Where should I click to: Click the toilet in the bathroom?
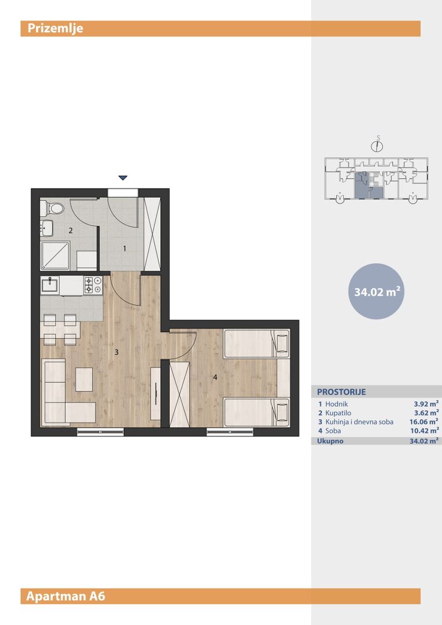pos(53,208)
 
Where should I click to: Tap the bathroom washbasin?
pos(47,228)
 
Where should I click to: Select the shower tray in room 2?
pos(55,256)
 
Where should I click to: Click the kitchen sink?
pos(50,285)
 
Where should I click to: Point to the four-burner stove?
pos(93,285)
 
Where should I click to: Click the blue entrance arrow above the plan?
pos(123,178)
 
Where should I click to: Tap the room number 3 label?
pos(116,352)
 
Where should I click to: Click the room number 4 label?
pos(215,377)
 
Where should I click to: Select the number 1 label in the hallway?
pos(124,249)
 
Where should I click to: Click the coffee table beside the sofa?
pos(84,379)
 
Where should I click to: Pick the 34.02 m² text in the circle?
pos(377,292)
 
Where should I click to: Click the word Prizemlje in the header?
pos(56,28)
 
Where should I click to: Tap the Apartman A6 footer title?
pos(66,596)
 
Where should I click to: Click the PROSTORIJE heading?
pos(341,392)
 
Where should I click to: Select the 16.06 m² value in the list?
pos(424,422)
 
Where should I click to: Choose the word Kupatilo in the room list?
pos(338,413)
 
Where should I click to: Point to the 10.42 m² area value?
pos(425,431)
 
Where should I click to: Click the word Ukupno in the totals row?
pos(330,441)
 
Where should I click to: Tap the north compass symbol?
pos(377,145)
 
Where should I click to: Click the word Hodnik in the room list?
pos(336,404)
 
